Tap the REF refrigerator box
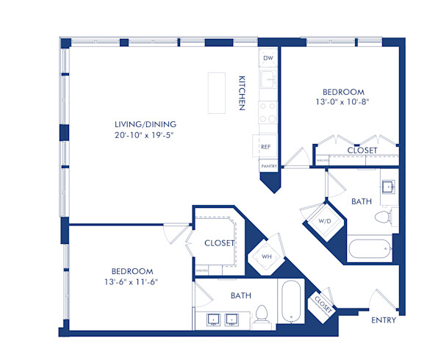tap(265, 147)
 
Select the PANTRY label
tap(268, 167)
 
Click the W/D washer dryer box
tap(323, 220)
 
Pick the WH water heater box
tap(267, 256)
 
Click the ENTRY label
tap(384, 320)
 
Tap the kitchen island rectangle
tap(216, 92)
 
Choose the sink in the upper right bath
tap(388, 185)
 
